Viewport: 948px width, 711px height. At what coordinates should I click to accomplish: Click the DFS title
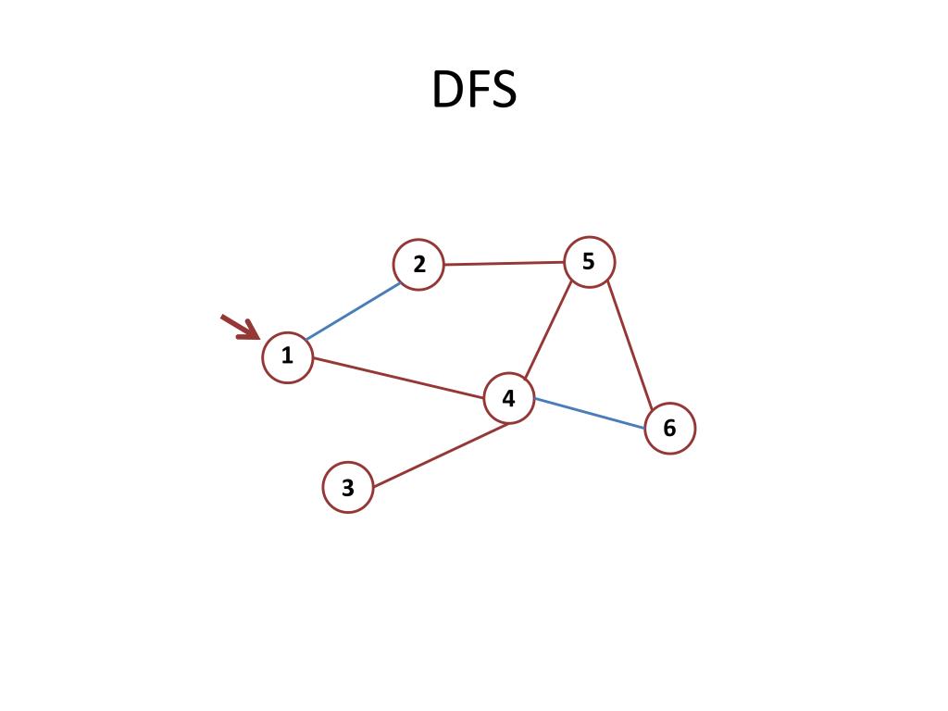point(473,91)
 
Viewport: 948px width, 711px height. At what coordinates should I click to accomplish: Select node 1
point(287,356)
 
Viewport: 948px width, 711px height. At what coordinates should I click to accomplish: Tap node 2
point(418,265)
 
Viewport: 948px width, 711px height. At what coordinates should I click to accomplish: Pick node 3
point(348,487)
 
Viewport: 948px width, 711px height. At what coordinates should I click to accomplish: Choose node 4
point(509,399)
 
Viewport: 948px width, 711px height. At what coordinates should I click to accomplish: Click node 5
point(589,262)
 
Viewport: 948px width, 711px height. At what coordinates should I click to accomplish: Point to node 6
point(669,429)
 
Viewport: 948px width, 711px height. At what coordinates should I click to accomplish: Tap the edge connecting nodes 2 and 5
point(505,264)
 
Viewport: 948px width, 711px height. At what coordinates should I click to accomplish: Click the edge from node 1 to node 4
point(398,378)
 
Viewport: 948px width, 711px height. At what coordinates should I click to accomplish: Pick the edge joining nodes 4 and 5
point(548,331)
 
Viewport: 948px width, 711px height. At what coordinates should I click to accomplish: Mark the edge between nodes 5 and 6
point(630,344)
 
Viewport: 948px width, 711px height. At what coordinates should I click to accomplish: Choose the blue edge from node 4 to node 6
point(589,413)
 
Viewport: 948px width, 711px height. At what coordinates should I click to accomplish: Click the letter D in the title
point(448,91)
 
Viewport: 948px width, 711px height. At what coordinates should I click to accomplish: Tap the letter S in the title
point(502,91)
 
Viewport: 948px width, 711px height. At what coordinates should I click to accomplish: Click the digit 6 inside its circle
point(669,429)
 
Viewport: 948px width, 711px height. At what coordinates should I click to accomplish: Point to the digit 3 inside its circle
point(348,488)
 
